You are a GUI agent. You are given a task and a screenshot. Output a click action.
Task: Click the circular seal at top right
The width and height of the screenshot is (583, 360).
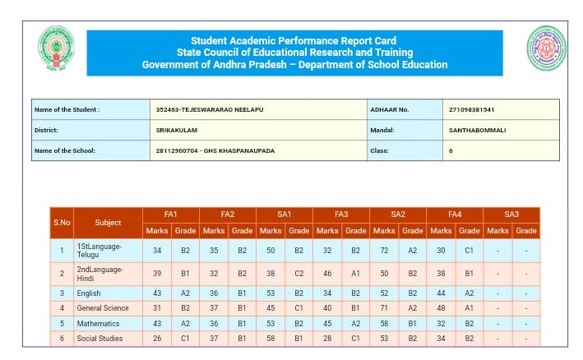pyautogui.click(x=546, y=48)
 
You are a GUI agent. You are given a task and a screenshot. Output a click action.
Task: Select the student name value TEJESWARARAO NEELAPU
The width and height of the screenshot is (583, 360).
pyautogui.click(x=210, y=109)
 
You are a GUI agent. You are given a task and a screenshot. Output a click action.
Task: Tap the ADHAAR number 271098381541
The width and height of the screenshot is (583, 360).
pyautogui.click(x=472, y=109)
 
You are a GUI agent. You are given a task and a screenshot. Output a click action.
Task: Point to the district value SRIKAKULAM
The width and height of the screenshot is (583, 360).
pyautogui.click(x=177, y=130)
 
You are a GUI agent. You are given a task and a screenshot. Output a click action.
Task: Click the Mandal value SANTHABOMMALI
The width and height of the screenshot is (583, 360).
pyautogui.click(x=477, y=130)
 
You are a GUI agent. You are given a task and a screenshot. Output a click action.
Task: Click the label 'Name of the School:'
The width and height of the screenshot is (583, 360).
pyautogui.click(x=65, y=150)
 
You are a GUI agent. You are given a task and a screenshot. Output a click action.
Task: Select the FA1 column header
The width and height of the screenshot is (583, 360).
pyautogui.click(x=170, y=215)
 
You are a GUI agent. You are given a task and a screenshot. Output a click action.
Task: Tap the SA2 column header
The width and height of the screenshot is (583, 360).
pyautogui.click(x=398, y=215)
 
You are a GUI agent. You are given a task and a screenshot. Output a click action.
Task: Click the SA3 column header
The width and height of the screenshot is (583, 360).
pyautogui.click(x=511, y=215)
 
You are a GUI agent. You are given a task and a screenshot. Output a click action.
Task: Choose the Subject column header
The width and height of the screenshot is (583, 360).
pyautogui.click(x=108, y=223)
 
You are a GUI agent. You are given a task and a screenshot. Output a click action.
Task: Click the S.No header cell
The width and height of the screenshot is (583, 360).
pyautogui.click(x=62, y=223)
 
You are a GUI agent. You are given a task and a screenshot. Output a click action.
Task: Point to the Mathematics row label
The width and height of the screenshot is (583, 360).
pyautogui.click(x=98, y=324)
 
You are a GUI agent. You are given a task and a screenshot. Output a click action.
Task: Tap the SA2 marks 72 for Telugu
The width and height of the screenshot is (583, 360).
pyautogui.click(x=384, y=250)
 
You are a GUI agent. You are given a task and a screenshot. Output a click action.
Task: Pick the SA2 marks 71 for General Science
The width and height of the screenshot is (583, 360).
pyautogui.click(x=384, y=308)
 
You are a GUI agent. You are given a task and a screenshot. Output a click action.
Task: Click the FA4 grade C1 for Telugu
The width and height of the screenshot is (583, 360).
pyautogui.click(x=470, y=250)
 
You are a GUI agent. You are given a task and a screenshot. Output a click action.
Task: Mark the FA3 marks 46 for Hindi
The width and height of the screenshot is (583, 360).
pyautogui.click(x=327, y=273)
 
